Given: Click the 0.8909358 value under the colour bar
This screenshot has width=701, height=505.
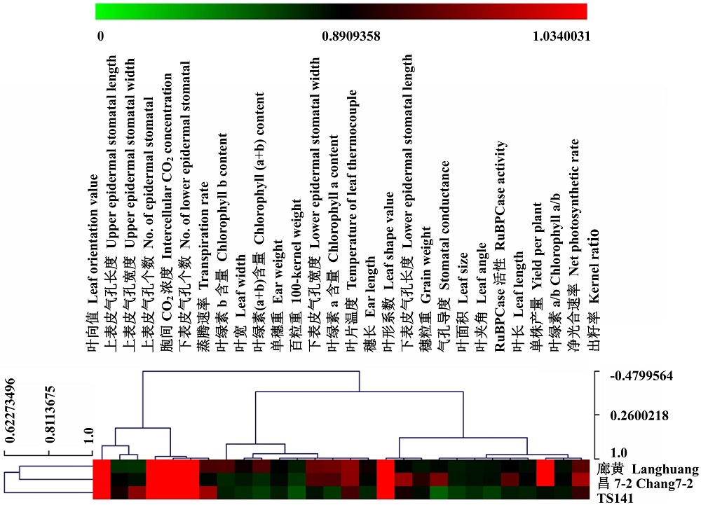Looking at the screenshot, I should [350, 36].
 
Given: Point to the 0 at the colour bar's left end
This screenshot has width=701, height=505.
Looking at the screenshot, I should [100, 36].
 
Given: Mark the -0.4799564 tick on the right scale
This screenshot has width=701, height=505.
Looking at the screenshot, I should [641, 376].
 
